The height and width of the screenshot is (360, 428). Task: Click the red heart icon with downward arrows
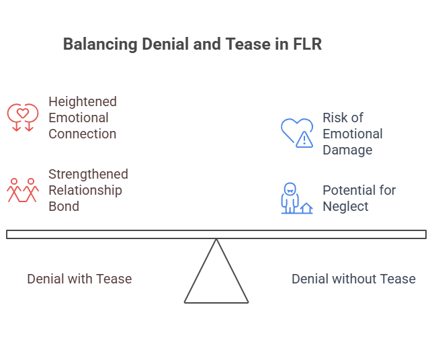pyautogui.click(x=22, y=117)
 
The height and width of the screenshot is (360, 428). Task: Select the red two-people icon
pyautogui.click(x=23, y=190)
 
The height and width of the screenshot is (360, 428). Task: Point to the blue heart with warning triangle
pyautogui.click(x=297, y=132)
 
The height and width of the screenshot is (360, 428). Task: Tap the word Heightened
pyautogui.click(x=83, y=102)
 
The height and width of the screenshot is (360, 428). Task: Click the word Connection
pyautogui.click(x=82, y=134)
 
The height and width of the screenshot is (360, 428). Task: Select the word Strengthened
pyautogui.click(x=88, y=174)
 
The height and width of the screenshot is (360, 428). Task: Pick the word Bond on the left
pyautogui.click(x=64, y=206)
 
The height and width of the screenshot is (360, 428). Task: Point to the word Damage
pyautogui.click(x=347, y=150)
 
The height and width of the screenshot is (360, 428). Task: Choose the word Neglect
pyautogui.click(x=345, y=206)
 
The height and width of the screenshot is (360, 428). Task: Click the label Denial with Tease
pyautogui.click(x=79, y=279)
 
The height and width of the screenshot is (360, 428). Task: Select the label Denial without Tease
pyautogui.click(x=353, y=279)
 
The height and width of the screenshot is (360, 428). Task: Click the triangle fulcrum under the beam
pyautogui.click(x=216, y=279)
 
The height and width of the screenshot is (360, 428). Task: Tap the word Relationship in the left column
pyautogui.click(x=85, y=190)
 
